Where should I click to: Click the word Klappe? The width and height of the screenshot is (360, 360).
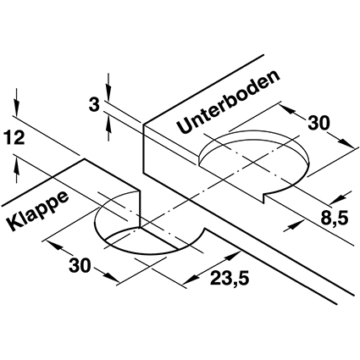(x=38, y=210)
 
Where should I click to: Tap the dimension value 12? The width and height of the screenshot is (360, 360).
(x=14, y=138)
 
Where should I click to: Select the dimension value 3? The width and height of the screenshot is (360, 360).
(x=94, y=105)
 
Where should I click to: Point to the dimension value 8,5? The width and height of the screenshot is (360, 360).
(x=334, y=217)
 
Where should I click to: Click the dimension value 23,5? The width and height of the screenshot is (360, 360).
(x=230, y=279)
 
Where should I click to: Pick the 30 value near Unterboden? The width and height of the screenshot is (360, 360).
(x=318, y=124)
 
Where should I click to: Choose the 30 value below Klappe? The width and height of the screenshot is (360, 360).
(x=80, y=266)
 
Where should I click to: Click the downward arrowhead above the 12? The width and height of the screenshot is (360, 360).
(x=17, y=108)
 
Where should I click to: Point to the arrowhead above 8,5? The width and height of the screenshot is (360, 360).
(x=338, y=199)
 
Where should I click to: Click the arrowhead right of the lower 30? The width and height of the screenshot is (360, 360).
(x=112, y=277)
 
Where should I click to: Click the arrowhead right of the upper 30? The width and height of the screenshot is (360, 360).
(x=346, y=142)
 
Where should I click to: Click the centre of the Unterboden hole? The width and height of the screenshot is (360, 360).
(x=254, y=163)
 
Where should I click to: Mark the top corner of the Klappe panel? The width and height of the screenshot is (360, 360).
(x=84, y=159)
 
